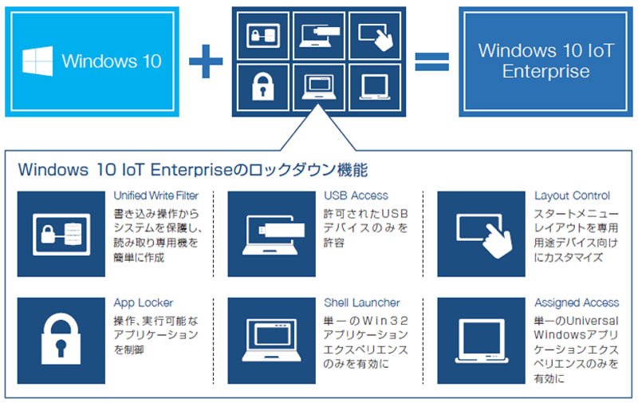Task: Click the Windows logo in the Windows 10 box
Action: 37,61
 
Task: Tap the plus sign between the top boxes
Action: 206,61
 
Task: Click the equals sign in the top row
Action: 431,61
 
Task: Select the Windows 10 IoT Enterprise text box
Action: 545,61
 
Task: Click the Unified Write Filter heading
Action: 156,196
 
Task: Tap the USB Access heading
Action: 356,196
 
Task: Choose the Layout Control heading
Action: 572,196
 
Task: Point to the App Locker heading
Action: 144,303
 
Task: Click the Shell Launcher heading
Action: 362,303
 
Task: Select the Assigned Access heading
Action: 577,303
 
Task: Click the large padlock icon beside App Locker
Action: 61,338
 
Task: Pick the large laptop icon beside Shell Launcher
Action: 271,340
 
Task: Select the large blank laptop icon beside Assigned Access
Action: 482,341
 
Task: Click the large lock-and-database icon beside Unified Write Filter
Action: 61,235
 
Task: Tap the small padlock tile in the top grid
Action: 263,87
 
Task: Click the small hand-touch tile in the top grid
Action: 375,36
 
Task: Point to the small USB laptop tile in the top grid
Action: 319,36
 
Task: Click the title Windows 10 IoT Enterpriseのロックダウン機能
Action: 193,170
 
